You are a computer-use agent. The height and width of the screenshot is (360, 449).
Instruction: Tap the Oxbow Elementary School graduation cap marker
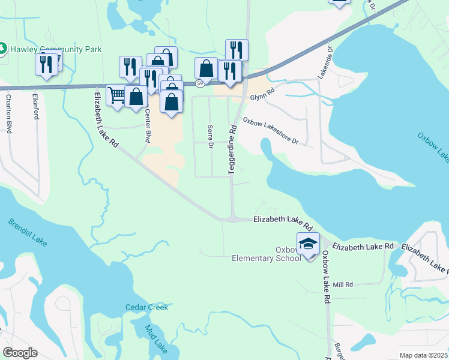(309, 244)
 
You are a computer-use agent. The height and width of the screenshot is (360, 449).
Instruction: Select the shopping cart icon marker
(116, 95)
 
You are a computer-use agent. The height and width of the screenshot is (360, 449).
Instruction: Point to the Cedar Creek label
(146, 307)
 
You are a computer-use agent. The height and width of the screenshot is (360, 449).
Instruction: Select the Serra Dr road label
(210, 137)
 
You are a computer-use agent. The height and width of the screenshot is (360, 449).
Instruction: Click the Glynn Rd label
(262, 91)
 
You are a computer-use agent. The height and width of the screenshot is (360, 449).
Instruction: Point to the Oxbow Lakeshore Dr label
(270, 131)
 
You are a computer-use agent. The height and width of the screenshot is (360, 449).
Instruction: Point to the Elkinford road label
(35, 105)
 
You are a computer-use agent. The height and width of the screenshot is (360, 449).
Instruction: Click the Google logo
(20, 353)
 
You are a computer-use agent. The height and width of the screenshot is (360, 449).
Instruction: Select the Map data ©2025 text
(423, 355)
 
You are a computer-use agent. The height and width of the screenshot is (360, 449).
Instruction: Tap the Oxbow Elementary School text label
(267, 254)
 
